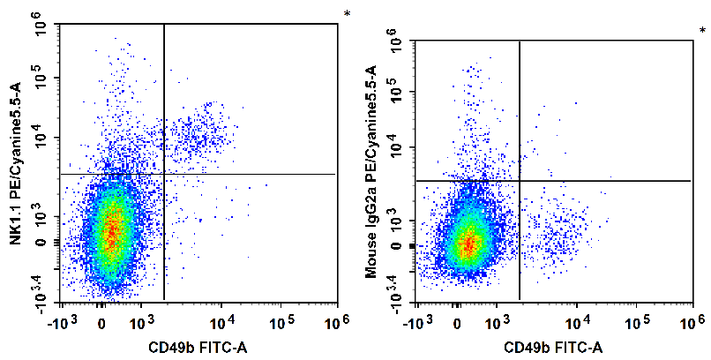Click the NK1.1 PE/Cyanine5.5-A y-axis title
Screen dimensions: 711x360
(x=16, y=163)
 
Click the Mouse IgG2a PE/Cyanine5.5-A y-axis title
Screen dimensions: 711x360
(x=371, y=171)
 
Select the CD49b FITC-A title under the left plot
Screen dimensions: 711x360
(x=198, y=348)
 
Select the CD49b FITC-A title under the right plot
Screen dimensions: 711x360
(x=553, y=348)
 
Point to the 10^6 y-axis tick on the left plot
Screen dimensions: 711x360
(x=47, y=23)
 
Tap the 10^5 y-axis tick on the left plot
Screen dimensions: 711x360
(x=47, y=78)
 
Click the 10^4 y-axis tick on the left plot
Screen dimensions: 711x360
(x=47, y=138)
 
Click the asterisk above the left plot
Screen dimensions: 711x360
(x=347, y=14)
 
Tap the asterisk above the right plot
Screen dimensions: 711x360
(x=702, y=31)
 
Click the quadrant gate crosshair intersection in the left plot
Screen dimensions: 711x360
(x=164, y=174)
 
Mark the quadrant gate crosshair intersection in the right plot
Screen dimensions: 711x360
(x=520, y=181)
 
